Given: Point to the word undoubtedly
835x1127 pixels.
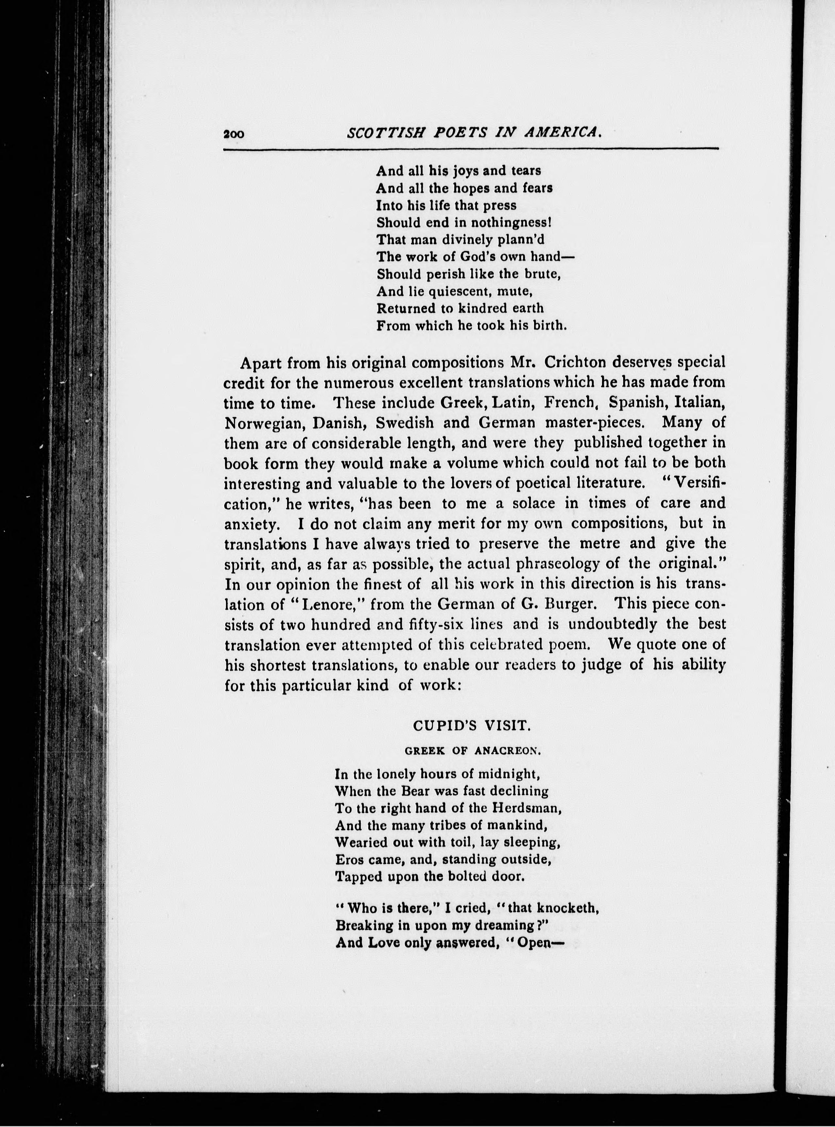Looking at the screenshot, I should coord(612,624).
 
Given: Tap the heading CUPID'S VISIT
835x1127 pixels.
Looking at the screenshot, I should coord(472,726).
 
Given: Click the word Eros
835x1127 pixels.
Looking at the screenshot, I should coord(348,860).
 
